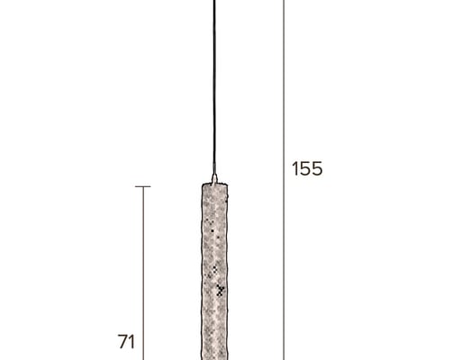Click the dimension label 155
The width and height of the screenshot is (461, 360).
[307, 168]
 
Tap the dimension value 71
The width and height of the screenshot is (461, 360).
[126, 342]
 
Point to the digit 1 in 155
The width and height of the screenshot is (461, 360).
[294, 168]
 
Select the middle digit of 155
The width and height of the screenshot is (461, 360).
[304, 168]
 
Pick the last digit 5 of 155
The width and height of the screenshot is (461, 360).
[317, 168]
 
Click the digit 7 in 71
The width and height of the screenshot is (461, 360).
[123, 342]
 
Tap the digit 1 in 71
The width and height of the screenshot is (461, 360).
[132, 342]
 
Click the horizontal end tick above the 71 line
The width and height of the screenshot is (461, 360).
[143, 186]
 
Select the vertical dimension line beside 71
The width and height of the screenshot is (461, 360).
[143, 274]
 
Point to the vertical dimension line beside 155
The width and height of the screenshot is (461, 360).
[284, 180]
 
